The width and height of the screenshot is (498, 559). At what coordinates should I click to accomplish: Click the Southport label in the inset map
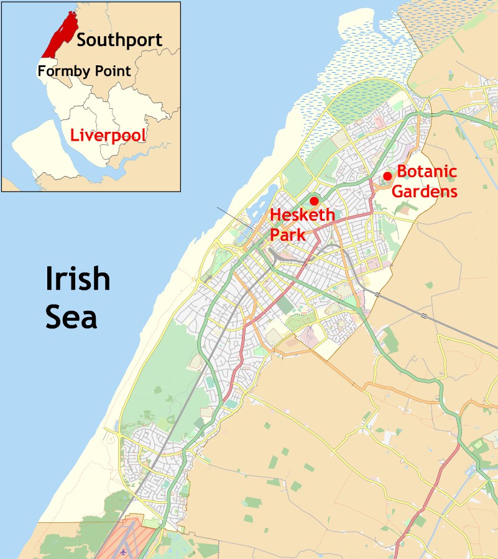pos(119,40)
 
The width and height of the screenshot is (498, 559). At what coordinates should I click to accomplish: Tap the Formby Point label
pos(84,71)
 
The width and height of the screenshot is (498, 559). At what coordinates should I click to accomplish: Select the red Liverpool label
pos(108,135)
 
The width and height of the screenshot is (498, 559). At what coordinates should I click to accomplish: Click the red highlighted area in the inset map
pos(60,35)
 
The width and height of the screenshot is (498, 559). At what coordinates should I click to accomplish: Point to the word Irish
pos(78,279)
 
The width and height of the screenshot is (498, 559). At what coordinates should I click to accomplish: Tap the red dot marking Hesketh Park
pos(314,201)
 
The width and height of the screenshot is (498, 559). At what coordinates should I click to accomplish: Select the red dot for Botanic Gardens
pos(387,176)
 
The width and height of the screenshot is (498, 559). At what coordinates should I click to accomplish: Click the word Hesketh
pos(302,216)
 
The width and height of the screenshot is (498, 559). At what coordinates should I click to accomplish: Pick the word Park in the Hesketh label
pos(288,235)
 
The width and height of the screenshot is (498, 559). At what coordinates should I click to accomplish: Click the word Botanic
pos(427,172)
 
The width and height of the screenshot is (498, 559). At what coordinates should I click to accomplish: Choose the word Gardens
pos(425,191)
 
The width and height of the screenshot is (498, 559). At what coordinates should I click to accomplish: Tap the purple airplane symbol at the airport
pos(125,551)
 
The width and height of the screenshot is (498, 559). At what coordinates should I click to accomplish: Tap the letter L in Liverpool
pos(73,135)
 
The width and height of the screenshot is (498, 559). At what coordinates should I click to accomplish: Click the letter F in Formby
pos(41,71)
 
